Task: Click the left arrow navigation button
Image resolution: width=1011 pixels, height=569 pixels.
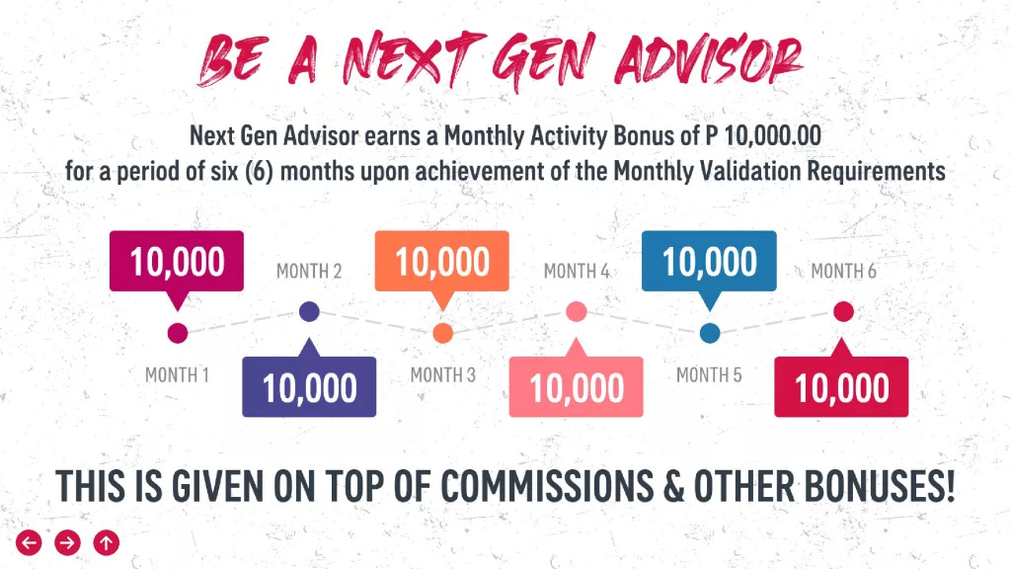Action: point(29,542)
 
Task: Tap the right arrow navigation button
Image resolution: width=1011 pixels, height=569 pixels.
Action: point(68,542)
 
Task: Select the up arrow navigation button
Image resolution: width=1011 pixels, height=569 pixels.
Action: point(107,542)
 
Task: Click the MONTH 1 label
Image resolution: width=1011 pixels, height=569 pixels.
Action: point(177,374)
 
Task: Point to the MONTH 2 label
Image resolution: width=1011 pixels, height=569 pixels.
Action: point(309,271)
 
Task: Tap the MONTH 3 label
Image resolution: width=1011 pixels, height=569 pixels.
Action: point(443,374)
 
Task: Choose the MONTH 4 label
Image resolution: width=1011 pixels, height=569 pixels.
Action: point(577,271)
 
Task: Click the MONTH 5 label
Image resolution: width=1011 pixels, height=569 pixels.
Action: point(709,374)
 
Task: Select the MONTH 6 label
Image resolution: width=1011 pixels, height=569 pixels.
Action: point(843,271)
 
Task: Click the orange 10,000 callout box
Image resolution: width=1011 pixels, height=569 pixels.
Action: point(441,261)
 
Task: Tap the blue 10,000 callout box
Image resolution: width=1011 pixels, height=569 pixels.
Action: point(709,261)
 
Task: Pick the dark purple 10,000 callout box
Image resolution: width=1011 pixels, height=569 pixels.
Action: point(309,386)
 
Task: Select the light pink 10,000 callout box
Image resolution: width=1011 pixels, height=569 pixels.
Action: point(576,386)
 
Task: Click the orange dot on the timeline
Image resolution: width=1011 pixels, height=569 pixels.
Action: point(442,333)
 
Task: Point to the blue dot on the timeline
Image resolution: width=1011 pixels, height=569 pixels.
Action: point(710,333)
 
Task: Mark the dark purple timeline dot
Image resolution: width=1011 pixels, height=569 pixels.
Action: point(309,311)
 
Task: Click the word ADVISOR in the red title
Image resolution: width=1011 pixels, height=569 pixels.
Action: point(709,60)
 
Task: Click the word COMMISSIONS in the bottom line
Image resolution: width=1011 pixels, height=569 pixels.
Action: point(547,486)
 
